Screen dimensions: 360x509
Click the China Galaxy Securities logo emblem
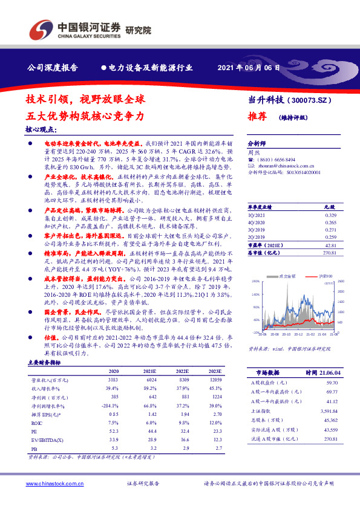pyautogui.click(x=42, y=30)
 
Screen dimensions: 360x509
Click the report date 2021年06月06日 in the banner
pyautogui.click(x=248, y=68)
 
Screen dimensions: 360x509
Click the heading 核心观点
pyautogui.click(x=41, y=129)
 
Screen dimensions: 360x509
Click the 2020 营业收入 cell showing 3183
pyautogui.click(x=113, y=380)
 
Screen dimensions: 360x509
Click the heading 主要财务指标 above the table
pyautogui.click(x=44, y=361)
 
